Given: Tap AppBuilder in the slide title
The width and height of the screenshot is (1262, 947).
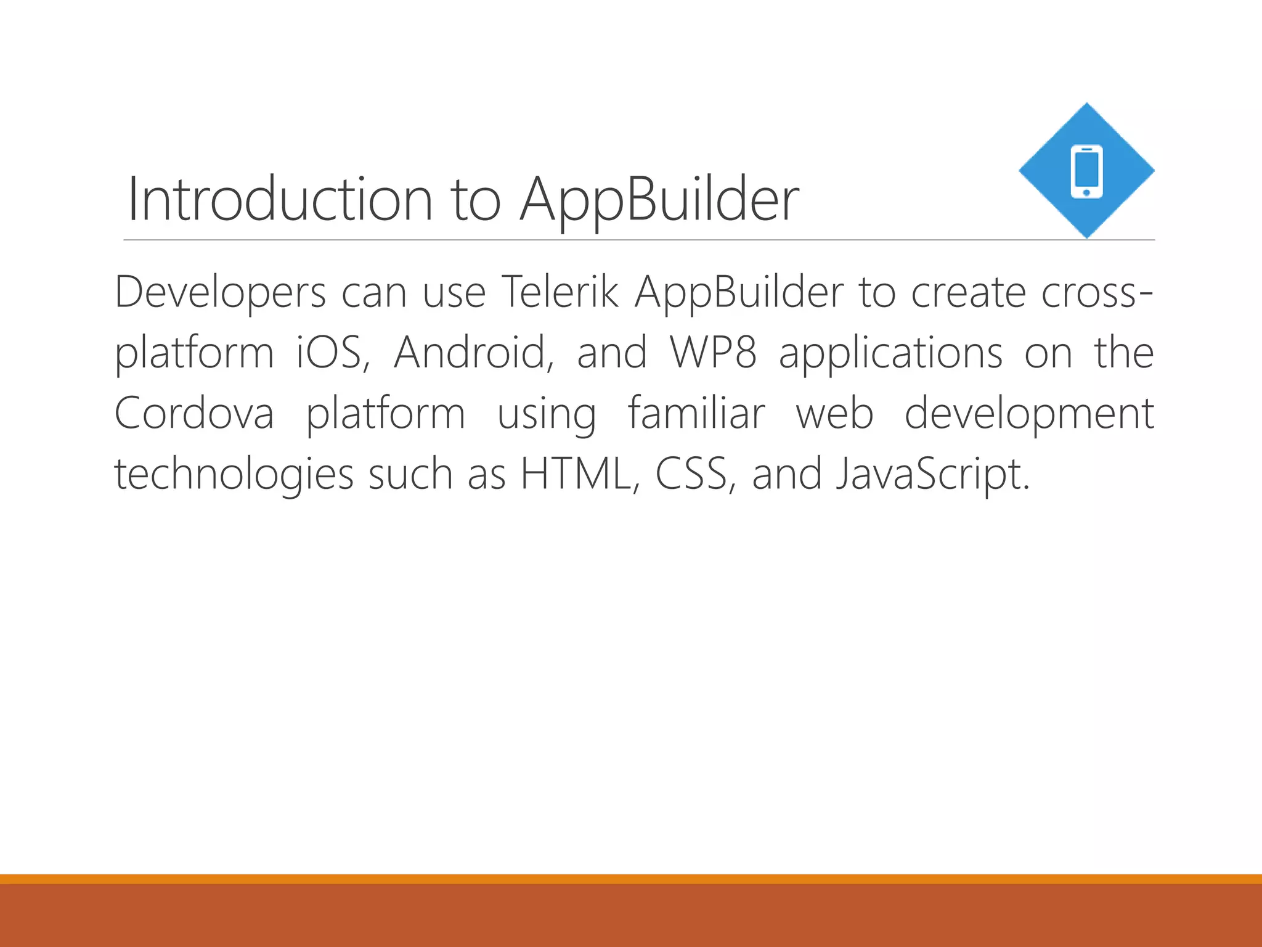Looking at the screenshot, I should click(x=659, y=200).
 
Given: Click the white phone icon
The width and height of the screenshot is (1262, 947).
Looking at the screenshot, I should click(x=1086, y=171).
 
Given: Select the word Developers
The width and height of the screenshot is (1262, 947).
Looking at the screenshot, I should click(x=220, y=292).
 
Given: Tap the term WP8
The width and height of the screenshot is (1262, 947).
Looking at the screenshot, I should click(x=714, y=353).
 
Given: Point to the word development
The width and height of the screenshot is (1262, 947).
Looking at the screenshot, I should click(x=1029, y=414).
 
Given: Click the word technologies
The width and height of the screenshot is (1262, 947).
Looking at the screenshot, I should click(x=234, y=475).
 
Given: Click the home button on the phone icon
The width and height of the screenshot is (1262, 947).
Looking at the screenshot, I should click(x=1086, y=193).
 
